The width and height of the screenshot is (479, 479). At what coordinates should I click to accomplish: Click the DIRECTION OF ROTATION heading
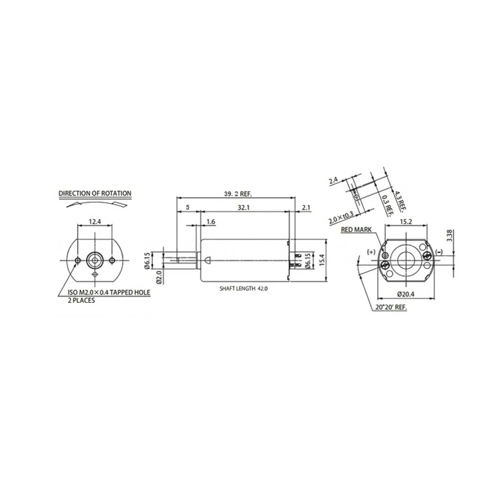pos(95,193)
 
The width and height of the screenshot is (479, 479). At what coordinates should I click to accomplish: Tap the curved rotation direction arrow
pos(97,203)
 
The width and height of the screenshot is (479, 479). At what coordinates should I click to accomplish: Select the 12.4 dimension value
pos(95,221)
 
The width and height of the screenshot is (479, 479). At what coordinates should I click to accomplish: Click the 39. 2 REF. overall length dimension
pos(238,194)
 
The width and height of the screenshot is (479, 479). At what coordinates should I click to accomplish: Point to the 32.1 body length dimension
pos(243,207)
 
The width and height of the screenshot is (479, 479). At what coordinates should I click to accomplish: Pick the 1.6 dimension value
pos(210,222)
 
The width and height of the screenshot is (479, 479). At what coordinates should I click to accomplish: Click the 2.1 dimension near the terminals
pos(306,207)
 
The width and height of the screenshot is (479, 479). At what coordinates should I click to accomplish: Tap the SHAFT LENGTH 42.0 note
pos(243,289)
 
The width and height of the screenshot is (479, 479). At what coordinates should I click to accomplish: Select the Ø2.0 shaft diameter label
pos(159,277)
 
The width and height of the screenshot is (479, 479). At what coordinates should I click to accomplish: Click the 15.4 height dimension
pos(322,260)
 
